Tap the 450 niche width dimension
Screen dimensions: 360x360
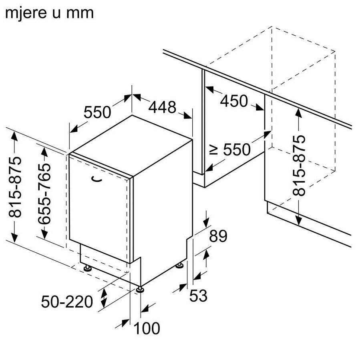[x=234, y=101]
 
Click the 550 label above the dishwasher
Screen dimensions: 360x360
[x=97, y=113]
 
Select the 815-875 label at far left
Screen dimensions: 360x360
[x=15, y=187]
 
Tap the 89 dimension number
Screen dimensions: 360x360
[x=218, y=237]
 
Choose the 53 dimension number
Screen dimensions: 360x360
[x=198, y=296]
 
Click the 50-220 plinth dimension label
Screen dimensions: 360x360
[x=67, y=302]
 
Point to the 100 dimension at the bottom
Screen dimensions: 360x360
[x=147, y=328]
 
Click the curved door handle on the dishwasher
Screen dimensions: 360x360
[x=96, y=180]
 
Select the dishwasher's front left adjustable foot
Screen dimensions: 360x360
[x=86, y=267]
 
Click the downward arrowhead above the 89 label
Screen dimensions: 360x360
[x=206, y=222]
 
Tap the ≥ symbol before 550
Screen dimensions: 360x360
[x=214, y=150]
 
